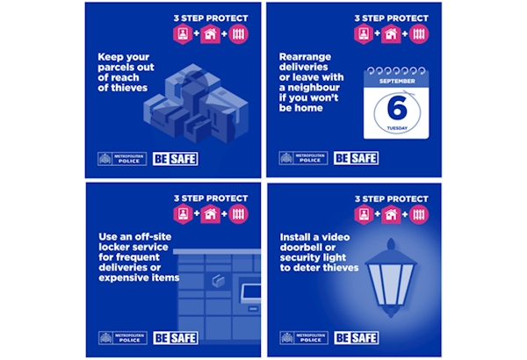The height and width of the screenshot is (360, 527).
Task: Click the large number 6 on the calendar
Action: [x=397, y=107]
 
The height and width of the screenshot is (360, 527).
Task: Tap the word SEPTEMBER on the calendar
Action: [x=397, y=81]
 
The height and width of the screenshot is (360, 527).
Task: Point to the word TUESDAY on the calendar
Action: [x=397, y=128]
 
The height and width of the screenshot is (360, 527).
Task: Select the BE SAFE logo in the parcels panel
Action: [x=176, y=159]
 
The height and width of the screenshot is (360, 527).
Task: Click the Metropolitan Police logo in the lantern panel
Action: [x=304, y=338]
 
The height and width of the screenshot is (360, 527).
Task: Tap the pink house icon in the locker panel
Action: [x=211, y=214]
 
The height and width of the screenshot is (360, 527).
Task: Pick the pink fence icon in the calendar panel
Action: [x=419, y=33]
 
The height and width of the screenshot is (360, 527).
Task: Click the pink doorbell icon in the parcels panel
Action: [x=183, y=34]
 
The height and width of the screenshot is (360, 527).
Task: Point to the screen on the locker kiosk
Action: [x=251, y=292]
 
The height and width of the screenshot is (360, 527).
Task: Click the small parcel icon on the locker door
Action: [x=218, y=280]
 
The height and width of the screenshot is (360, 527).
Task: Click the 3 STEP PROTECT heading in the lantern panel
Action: [x=392, y=199]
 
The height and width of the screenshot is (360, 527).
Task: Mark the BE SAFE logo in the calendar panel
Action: [x=357, y=158]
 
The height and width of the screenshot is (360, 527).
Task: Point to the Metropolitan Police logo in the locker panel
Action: [x=123, y=338]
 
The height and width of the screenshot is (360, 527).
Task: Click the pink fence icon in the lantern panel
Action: [x=419, y=214]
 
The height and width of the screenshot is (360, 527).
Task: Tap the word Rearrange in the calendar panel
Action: [x=305, y=57]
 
